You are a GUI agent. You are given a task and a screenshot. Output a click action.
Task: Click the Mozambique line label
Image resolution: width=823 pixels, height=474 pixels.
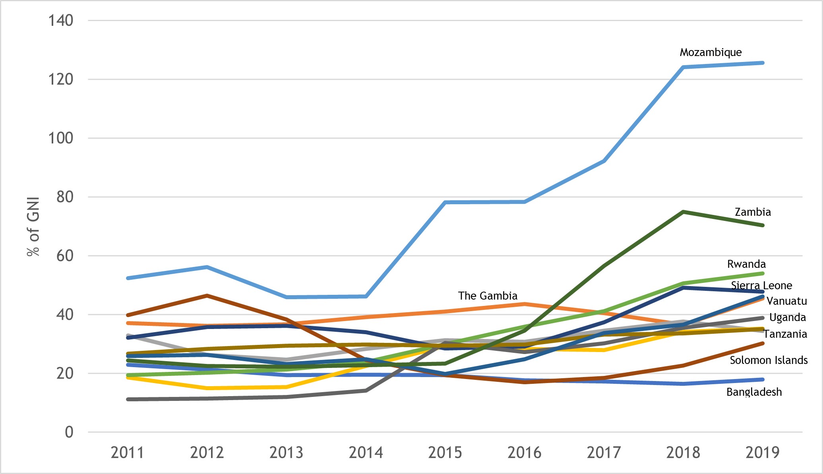(x=711, y=52)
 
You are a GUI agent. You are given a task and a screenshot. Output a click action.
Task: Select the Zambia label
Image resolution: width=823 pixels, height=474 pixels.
(x=753, y=212)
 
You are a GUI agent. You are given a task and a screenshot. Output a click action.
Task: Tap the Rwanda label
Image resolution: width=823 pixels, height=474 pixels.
(x=746, y=264)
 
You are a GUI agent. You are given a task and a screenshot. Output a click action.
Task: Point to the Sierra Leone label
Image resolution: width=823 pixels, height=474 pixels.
(x=761, y=286)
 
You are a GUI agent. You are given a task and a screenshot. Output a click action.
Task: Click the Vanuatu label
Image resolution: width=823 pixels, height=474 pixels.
(x=786, y=301)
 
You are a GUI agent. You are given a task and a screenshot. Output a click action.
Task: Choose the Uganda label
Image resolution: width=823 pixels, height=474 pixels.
(x=787, y=317)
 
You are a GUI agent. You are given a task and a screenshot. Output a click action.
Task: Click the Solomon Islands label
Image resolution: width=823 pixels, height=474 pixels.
(x=769, y=360)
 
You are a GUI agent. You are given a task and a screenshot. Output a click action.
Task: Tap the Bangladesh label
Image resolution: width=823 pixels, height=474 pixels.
(x=754, y=392)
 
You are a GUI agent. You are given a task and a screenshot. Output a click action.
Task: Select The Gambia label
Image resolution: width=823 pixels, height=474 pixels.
(x=488, y=296)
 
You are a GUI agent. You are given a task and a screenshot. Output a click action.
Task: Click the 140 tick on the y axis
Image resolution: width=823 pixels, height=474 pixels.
(x=61, y=21)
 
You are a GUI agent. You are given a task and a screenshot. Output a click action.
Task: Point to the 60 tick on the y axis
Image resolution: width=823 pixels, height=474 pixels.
(x=65, y=256)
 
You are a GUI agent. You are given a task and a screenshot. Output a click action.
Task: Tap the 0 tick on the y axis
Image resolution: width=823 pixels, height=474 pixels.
(x=69, y=432)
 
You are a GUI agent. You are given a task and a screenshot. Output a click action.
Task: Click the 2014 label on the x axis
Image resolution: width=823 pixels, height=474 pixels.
(x=366, y=453)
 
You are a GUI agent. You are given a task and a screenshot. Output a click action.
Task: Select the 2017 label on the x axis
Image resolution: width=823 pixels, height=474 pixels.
(x=604, y=453)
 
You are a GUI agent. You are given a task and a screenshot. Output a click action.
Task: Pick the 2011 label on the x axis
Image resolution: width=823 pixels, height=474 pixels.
(x=127, y=453)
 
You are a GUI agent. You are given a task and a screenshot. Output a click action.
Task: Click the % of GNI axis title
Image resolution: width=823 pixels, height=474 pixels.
(x=33, y=226)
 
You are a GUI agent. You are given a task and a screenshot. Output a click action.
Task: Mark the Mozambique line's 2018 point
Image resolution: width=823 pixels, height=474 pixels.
(x=683, y=67)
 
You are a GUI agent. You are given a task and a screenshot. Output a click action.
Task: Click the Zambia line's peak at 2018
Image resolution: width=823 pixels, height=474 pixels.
(x=683, y=212)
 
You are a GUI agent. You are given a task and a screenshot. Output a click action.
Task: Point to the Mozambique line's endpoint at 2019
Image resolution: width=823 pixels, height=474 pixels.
(x=762, y=63)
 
